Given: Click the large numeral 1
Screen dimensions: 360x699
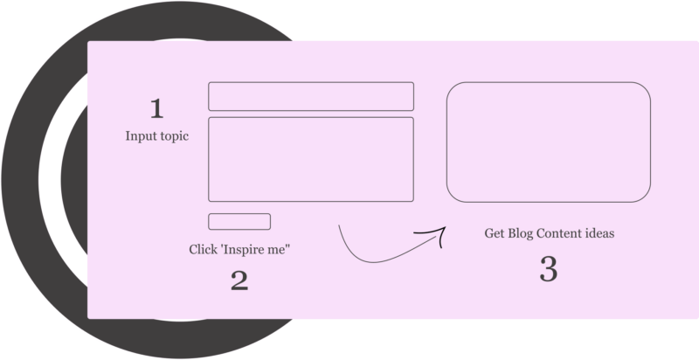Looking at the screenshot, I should (156, 109).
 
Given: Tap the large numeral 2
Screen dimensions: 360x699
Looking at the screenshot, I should (239, 280).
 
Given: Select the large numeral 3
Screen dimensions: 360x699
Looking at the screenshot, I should (548, 269).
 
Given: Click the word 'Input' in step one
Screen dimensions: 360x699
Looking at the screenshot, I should (139, 136).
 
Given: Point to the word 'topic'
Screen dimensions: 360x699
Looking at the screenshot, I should (172, 137).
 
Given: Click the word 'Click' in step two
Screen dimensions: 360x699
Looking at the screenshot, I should (203, 250).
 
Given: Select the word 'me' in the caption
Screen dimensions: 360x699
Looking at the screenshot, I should (280, 250).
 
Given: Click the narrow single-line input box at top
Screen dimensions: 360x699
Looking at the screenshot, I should (310, 96).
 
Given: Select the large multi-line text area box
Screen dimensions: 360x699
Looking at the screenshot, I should (310, 159).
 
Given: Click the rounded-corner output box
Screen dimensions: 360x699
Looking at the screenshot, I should (549, 142).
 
